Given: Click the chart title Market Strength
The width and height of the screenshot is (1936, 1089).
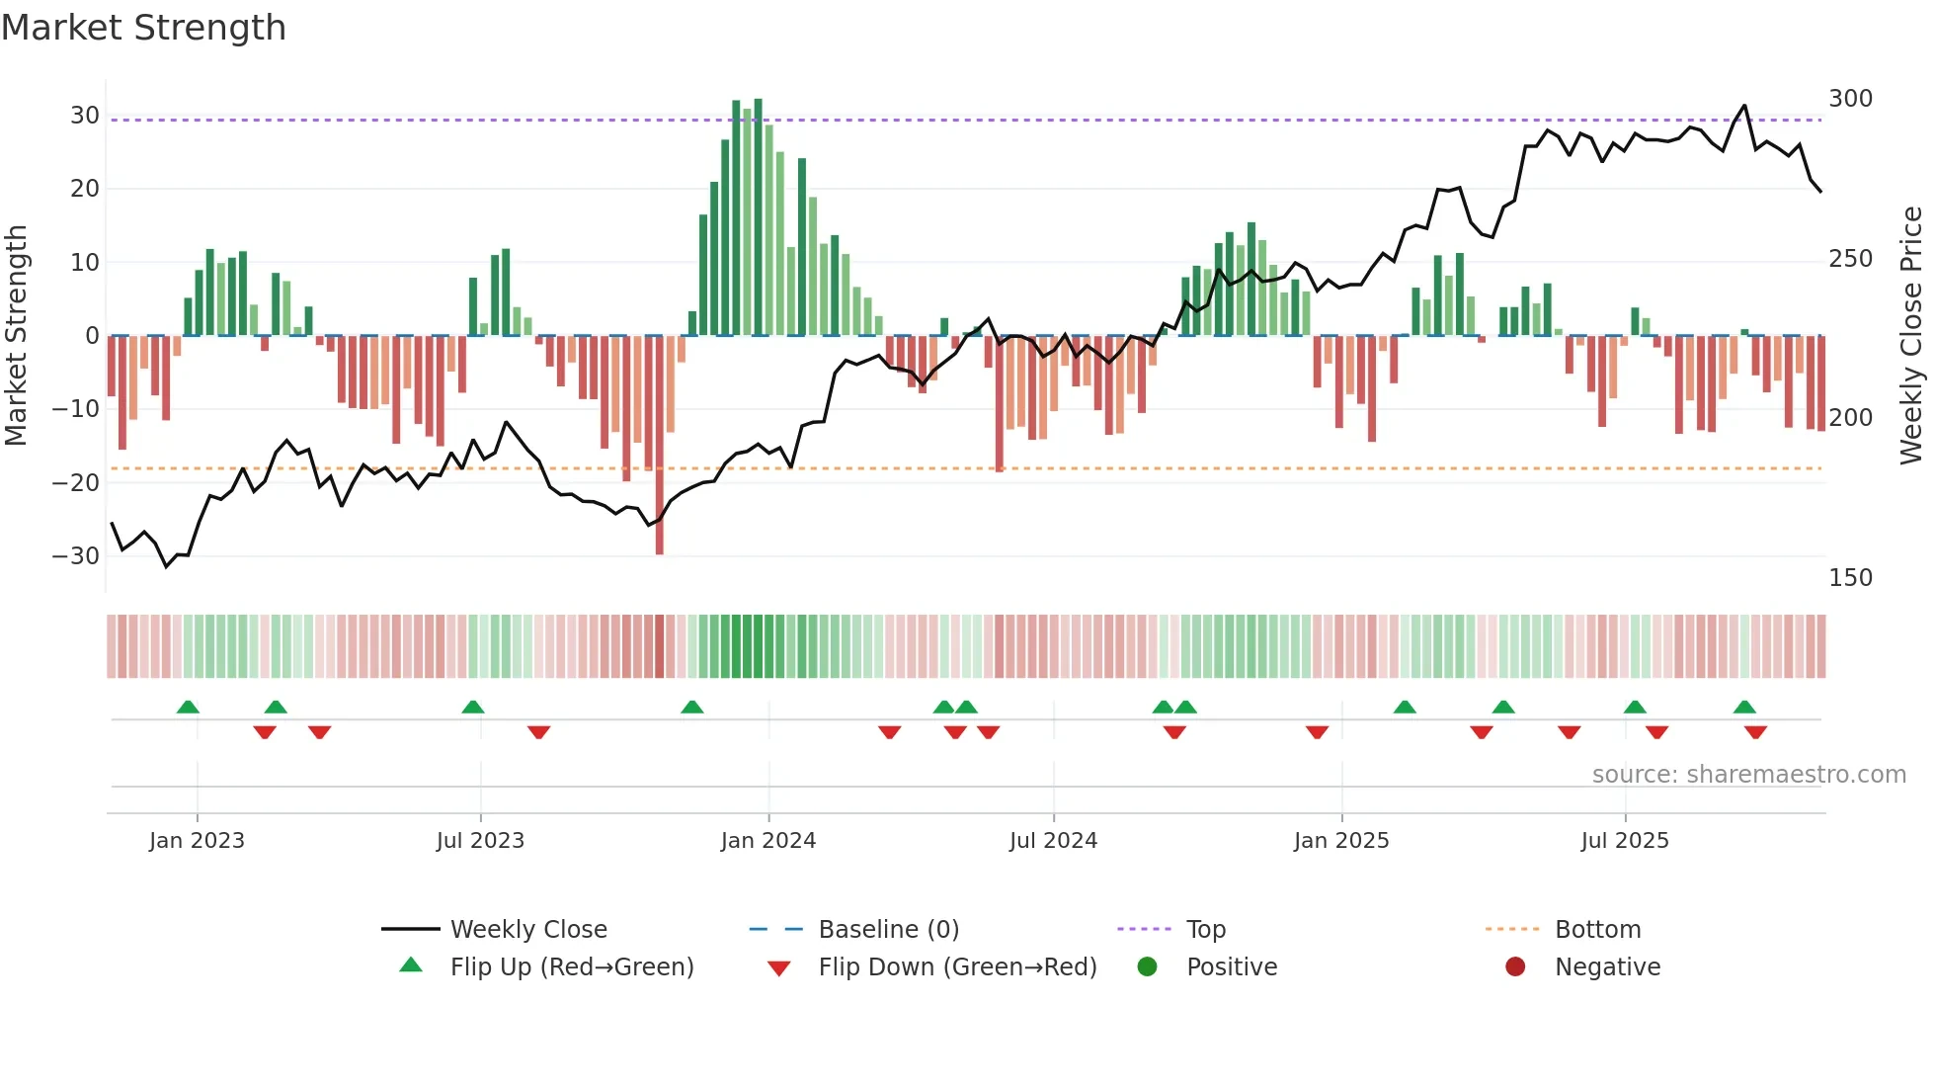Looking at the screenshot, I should pos(143,28).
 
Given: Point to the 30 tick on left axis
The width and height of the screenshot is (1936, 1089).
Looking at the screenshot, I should pos(85,116).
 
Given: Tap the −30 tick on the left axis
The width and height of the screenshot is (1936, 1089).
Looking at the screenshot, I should pos(76,556).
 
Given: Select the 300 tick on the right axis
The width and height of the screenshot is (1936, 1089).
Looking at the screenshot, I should pos(1850,99).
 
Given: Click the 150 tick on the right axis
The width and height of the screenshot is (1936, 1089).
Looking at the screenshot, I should pos(1850,578).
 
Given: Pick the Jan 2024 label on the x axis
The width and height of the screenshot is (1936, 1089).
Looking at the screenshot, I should pos(767,841).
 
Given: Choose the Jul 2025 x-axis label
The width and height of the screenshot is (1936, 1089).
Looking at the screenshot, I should pos(1624,841).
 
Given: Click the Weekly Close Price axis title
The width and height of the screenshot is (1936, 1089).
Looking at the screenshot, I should pos(1911,336).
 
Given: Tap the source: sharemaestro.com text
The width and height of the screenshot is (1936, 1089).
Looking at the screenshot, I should pos(1748,775).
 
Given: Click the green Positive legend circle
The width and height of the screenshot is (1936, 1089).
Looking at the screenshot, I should pos(1147,966).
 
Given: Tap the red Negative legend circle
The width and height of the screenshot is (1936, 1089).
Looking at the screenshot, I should pos(1515,966).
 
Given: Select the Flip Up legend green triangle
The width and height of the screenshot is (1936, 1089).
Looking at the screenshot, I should pos(411,965).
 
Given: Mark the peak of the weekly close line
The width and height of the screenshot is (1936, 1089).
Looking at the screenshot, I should pos(1744,106).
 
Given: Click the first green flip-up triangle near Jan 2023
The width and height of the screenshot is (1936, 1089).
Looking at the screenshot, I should pos(188,707).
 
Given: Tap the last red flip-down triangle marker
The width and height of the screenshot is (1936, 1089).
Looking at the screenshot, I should pos(1755,732).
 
